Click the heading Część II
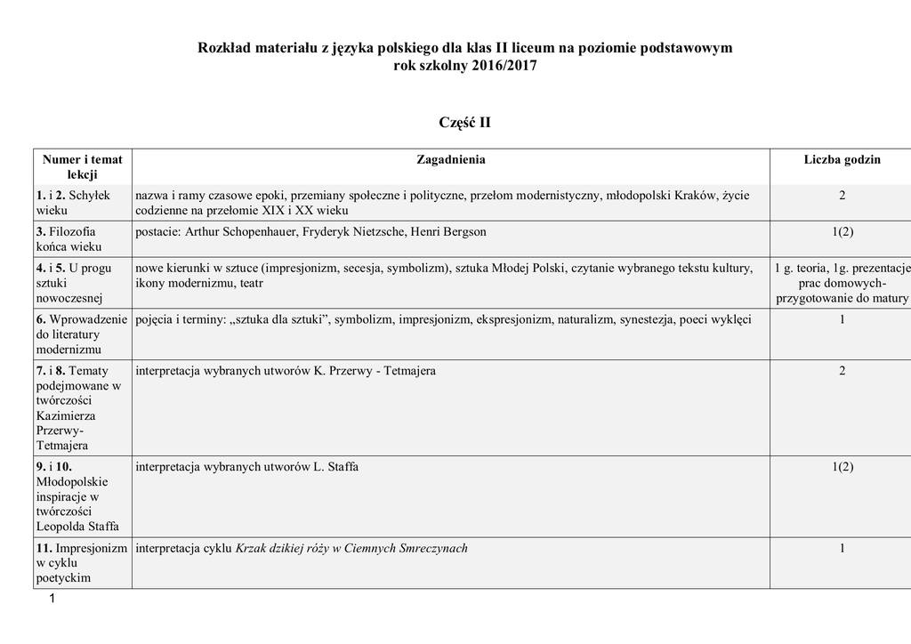464,123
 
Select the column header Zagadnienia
451,160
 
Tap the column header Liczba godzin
842,160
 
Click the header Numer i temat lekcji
82,167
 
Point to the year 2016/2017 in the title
501,67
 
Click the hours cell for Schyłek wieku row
842,196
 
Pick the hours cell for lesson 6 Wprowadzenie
842,319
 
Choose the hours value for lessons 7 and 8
842,371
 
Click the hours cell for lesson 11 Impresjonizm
842,549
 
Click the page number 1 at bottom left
52,599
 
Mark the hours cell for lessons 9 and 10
842,467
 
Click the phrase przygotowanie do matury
842,299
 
